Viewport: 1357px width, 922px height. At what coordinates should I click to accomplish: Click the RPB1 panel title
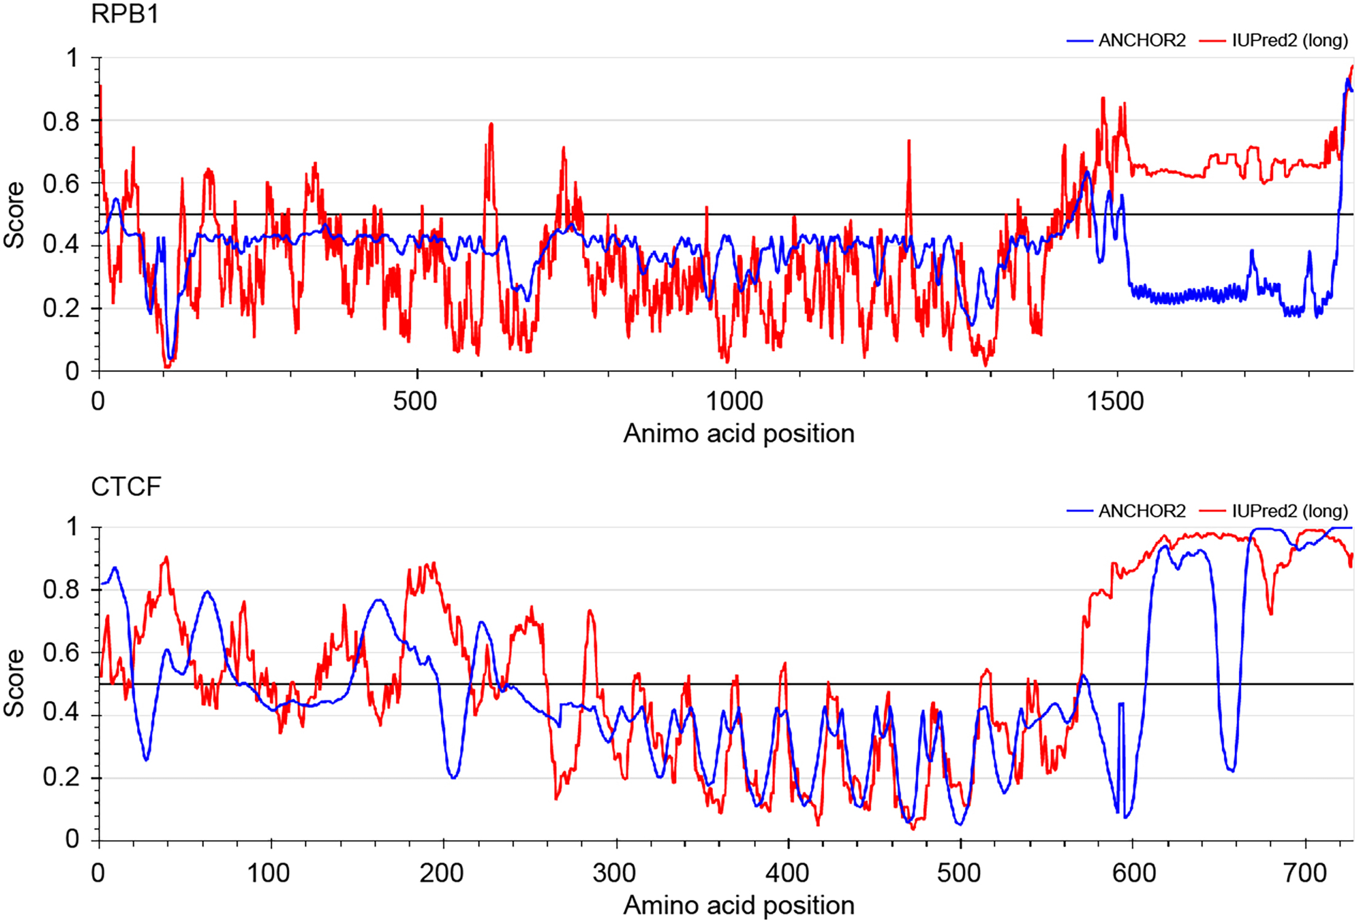(125, 14)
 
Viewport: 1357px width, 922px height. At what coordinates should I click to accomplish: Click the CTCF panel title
(126, 486)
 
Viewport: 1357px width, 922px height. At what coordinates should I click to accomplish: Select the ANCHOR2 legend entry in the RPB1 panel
(1141, 41)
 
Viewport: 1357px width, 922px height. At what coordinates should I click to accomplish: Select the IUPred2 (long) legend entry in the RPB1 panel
(1289, 41)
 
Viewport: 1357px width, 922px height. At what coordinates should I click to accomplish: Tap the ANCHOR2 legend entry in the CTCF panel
(1141, 511)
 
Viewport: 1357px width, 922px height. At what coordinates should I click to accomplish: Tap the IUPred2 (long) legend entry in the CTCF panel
(1289, 511)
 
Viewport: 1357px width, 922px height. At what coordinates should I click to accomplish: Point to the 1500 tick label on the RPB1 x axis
(1115, 401)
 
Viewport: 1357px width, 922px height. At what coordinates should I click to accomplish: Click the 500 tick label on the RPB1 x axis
(415, 401)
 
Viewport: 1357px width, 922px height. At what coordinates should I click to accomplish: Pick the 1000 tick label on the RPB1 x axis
(734, 401)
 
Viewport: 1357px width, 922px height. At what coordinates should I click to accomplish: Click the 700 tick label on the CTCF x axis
(1305, 873)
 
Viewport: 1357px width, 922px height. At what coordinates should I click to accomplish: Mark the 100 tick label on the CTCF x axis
(269, 873)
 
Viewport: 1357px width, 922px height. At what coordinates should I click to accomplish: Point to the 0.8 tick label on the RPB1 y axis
(61, 122)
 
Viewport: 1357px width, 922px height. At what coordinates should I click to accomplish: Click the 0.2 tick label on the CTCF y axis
(61, 777)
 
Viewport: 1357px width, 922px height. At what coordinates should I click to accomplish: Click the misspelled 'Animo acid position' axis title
(739, 433)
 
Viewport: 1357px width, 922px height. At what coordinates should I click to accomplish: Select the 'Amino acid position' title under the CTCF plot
(739, 905)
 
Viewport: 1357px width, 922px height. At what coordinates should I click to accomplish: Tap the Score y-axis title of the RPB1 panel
(14, 215)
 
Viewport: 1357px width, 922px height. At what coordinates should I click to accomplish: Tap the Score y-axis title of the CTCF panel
(14, 683)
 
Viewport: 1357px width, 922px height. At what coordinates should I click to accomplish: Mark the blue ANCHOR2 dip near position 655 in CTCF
(1230, 768)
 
